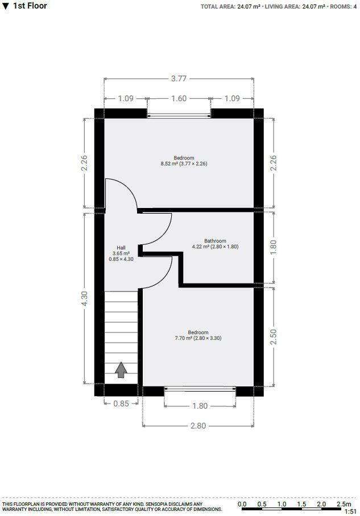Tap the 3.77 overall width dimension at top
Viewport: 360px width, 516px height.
(179, 78)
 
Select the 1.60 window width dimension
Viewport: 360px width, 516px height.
(179, 98)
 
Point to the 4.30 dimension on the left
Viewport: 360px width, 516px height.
(84, 299)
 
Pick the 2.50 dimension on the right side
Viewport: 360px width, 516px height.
(273, 337)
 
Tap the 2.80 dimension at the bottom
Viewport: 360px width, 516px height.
(197, 426)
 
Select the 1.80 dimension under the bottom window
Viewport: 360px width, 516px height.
(200, 406)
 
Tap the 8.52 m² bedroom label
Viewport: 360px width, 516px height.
(184, 161)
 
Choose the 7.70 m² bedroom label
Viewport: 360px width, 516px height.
(198, 335)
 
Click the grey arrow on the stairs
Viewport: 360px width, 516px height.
(121, 370)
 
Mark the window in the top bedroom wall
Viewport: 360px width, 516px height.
(179, 115)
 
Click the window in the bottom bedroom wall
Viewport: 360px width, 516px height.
(200, 390)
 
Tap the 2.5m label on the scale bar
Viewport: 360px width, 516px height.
(344, 504)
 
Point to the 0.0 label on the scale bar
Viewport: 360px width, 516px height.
(242, 504)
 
